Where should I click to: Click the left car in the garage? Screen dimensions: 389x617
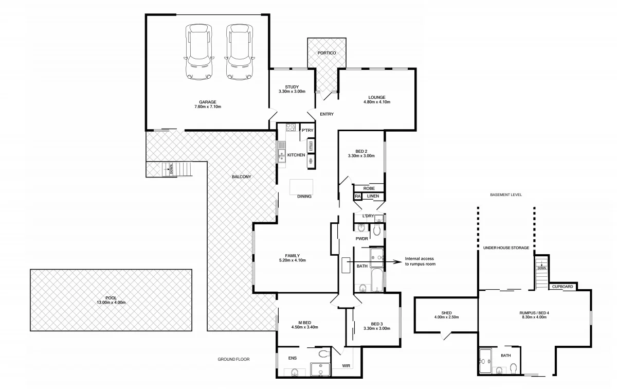point(198,52)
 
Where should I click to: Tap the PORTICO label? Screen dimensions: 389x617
point(326,54)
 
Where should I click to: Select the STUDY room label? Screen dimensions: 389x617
point(295,87)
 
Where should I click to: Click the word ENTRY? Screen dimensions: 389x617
point(326,114)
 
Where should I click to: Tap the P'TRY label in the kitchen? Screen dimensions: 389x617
point(307,131)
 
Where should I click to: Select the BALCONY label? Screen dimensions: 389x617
point(241,177)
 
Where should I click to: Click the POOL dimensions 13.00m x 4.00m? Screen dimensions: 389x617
point(111,303)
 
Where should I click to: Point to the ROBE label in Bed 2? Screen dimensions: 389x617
point(369,189)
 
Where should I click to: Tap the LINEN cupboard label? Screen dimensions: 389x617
point(373,196)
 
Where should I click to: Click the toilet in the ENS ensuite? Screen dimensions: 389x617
point(324,354)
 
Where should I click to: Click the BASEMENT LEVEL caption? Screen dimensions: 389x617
point(506,195)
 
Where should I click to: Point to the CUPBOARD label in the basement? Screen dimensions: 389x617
point(563,287)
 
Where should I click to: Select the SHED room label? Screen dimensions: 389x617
point(446,312)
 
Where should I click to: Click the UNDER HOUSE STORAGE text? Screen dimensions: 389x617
point(506,248)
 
